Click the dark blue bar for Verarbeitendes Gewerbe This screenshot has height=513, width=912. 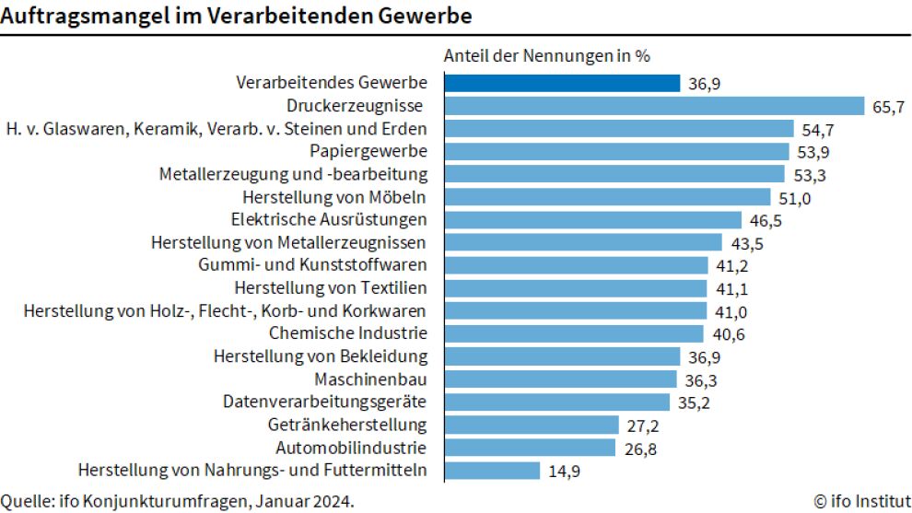pyautogui.click(x=562, y=83)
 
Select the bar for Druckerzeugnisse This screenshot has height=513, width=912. pyautogui.click(x=654, y=106)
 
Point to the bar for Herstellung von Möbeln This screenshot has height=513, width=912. pyautogui.click(x=607, y=197)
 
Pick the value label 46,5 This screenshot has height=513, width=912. pyautogui.click(x=765, y=220)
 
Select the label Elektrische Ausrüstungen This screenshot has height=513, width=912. pyautogui.click(x=329, y=219)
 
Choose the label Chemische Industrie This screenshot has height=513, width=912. pyautogui.click(x=348, y=332)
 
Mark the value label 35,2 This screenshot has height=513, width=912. pyautogui.click(x=693, y=402)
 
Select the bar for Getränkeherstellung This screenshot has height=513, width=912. pyautogui.click(x=531, y=425)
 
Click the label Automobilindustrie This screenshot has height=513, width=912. pyautogui.click(x=351, y=448)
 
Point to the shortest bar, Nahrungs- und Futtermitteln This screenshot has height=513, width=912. pyautogui.click(x=492, y=471)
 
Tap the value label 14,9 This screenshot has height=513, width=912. pyautogui.click(x=563, y=472)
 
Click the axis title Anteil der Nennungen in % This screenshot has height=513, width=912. pyautogui.click(x=547, y=55)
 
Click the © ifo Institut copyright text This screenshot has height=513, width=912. pyautogui.click(x=860, y=501)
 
